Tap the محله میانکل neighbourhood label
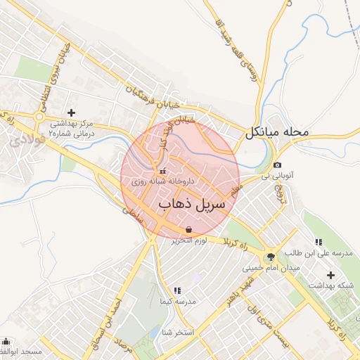278,132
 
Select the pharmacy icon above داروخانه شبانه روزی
162,171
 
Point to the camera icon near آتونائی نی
277,165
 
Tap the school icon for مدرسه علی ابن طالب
319,243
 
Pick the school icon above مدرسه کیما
176,290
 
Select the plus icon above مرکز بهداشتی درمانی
71,112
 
